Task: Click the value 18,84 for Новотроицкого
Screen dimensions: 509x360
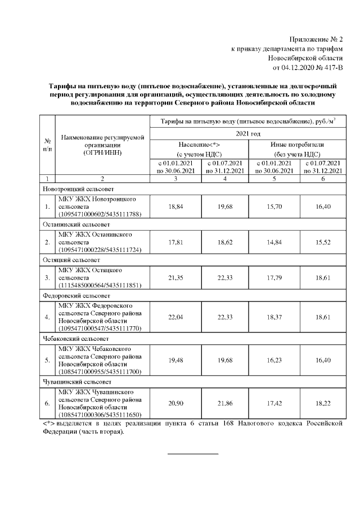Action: pos(175,206)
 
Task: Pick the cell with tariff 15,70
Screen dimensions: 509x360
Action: pos(274,206)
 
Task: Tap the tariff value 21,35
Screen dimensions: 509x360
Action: pos(175,277)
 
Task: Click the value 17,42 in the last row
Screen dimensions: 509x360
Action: pos(274,403)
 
